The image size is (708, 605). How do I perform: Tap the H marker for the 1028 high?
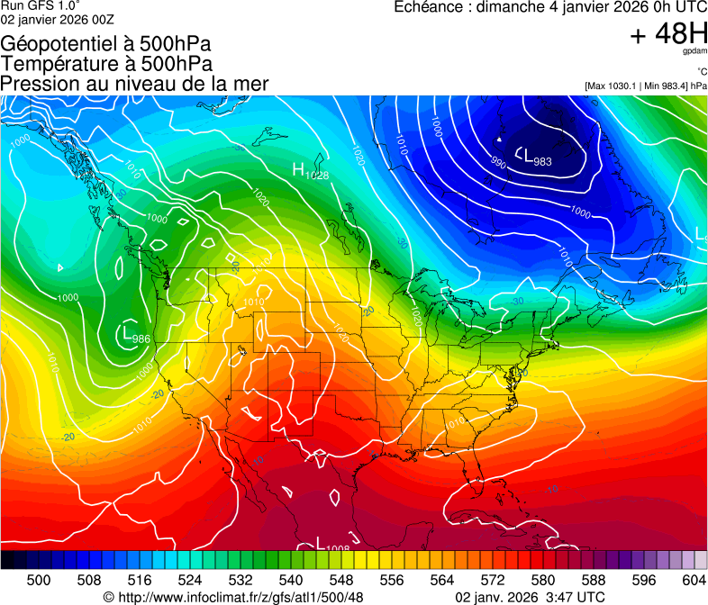pos(299,168)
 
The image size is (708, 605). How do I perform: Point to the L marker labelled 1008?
pos(321,543)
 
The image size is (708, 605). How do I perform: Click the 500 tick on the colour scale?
pos(39,580)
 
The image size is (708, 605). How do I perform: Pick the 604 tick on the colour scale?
pos(694,580)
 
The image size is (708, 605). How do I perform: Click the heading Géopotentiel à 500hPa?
pos(107,43)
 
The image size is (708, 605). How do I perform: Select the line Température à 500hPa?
pos(106,63)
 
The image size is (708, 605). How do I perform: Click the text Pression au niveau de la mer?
pos(134,84)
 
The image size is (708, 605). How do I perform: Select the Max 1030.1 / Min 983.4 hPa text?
pos(645,86)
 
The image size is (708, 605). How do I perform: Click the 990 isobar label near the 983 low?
pos(498,162)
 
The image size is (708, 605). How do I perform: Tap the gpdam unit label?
pos(695,52)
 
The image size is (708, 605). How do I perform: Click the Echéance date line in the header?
pos(550,7)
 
